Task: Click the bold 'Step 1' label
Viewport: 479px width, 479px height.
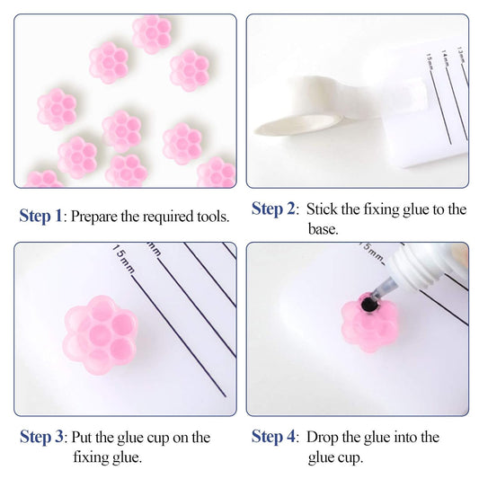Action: (x=41, y=216)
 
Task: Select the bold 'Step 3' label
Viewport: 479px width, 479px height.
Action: (x=41, y=438)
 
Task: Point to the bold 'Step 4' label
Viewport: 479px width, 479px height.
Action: (x=273, y=438)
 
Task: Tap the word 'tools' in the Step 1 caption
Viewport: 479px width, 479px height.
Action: (x=209, y=217)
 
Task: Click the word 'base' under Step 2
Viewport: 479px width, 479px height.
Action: (x=321, y=230)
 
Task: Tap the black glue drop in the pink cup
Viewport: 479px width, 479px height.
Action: (x=368, y=306)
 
